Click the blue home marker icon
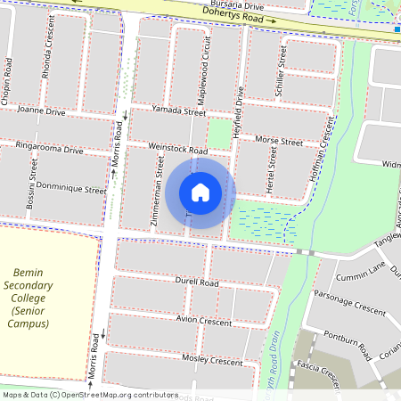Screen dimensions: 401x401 (200, 192)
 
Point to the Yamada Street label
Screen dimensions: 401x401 (178, 110)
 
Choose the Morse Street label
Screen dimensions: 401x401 (279, 141)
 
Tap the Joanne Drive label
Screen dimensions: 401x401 (41, 112)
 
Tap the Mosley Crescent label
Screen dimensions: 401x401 (212, 361)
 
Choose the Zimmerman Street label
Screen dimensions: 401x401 (158, 192)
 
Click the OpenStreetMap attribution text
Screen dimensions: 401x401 (89, 394)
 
